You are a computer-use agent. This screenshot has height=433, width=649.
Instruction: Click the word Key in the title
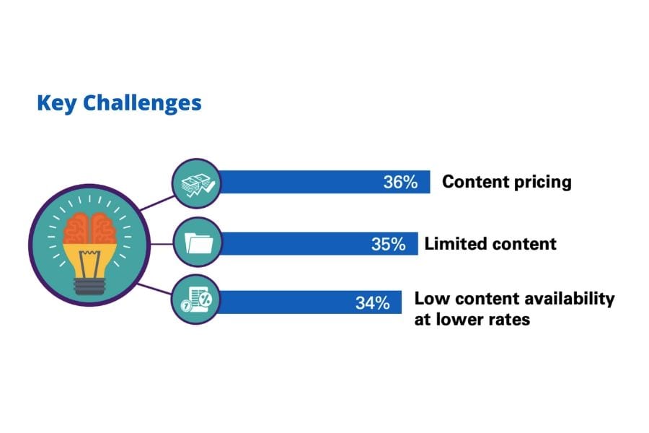[56, 103]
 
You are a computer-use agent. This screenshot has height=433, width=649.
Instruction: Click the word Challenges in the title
[142, 103]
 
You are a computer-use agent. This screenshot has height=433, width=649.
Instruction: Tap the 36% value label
[400, 182]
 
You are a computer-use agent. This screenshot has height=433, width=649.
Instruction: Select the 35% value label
[388, 244]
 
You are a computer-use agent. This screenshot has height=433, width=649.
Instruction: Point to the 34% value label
[373, 303]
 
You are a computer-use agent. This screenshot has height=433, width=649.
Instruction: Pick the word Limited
[455, 244]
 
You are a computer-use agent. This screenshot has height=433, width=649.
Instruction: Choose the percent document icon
[196, 300]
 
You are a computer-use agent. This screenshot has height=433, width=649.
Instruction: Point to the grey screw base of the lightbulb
[89, 287]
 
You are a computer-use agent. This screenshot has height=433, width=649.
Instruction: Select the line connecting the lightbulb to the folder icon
[162, 244]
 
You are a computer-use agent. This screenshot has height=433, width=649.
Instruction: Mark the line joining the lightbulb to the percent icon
[154, 289]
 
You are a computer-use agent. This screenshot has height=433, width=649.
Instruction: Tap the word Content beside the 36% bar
[475, 181]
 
